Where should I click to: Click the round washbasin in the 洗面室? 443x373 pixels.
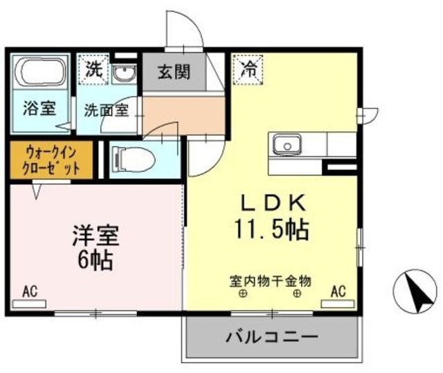point(124,73)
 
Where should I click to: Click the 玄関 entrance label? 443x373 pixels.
point(173,71)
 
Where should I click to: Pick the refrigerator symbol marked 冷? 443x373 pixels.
point(248,68)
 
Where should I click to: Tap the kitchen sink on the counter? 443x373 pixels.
point(284,144)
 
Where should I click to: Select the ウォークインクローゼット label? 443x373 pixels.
point(49,160)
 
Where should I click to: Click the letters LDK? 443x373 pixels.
point(273,202)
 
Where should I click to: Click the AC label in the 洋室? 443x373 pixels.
point(29,291)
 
